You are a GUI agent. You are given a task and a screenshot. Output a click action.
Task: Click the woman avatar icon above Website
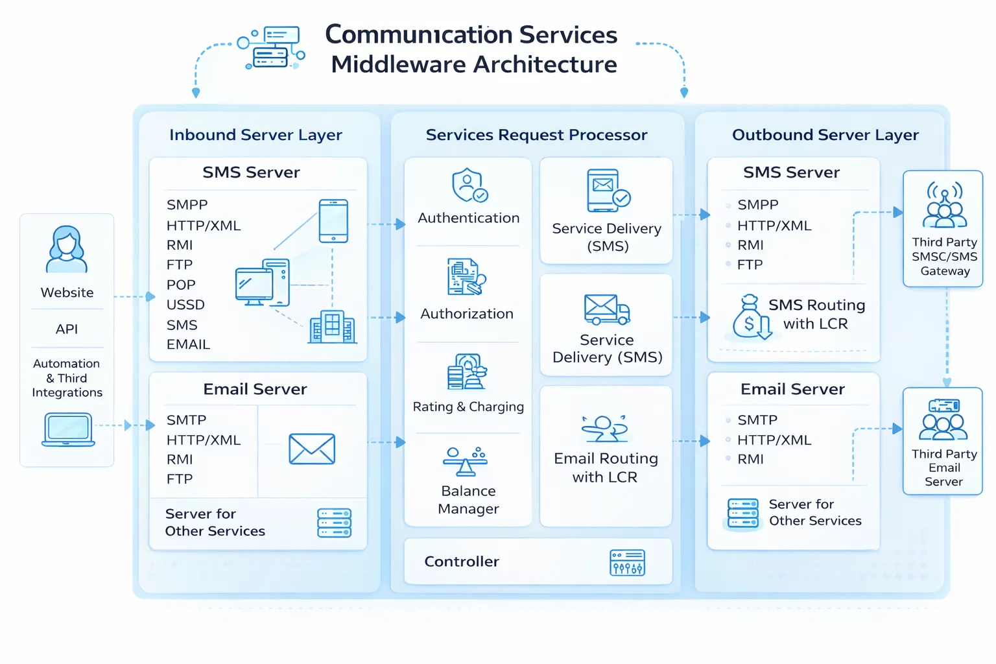[66, 250]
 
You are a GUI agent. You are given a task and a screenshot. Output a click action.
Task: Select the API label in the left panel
[67, 329]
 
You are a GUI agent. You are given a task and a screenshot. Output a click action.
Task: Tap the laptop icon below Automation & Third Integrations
[69, 429]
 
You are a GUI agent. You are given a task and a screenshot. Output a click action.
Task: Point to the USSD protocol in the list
[185, 305]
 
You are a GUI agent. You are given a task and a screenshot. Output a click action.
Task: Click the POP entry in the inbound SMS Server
[181, 285]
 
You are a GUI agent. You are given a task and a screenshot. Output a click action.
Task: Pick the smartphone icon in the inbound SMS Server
[333, 221]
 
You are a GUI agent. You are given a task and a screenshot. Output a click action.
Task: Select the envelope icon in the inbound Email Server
[312, 449]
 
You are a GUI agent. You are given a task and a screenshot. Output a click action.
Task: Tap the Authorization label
[467, 314]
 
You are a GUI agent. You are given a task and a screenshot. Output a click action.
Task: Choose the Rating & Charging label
[468, 407]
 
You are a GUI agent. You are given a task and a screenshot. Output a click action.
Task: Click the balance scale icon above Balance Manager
[465, 461]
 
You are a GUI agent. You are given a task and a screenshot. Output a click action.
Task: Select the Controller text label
[462, 562]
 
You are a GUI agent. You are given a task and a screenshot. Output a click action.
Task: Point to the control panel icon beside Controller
[627, 563]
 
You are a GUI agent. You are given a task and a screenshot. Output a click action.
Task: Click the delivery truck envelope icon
[606, 309]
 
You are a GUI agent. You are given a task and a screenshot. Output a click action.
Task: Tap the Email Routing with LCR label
[606, 468]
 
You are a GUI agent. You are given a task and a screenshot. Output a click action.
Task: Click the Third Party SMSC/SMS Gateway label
[944, 257]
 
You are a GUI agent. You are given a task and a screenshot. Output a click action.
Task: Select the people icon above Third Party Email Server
[943, 420]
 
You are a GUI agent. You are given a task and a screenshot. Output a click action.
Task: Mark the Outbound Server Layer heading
[825, 135]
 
